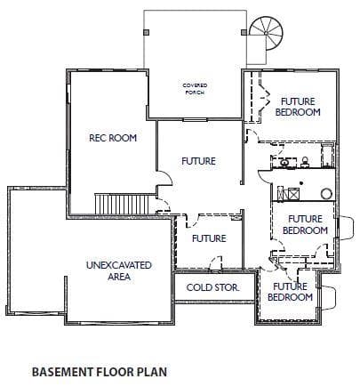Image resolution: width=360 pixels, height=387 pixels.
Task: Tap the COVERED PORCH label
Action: pyautogui.click(x=195, y=89)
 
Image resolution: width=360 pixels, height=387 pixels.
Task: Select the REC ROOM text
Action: pyautogui.click(x=113, y=138)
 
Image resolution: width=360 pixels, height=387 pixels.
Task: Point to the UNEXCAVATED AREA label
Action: pyautogui.click(x=119, y=270)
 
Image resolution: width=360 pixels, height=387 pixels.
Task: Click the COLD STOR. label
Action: pyautogui.click(x=212, y=287)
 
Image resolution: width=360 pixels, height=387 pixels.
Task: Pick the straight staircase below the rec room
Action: pyautogui.click(x=122, y=204)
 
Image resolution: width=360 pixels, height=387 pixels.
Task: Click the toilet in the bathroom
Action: pyautogui.click(x=305, y=162)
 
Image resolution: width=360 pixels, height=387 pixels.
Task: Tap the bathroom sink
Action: pyautogui.click(x=284, y=163)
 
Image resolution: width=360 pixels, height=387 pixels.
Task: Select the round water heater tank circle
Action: pyautogui.click(x=326, y=194)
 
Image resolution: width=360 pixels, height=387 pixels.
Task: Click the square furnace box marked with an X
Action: pyautogui.click(x=293, y=194)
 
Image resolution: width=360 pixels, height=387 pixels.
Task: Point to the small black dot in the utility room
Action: pyautogui.click(x=301, y=183)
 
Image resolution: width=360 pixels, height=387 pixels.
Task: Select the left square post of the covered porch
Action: pyautogui.click(x=147, y=32)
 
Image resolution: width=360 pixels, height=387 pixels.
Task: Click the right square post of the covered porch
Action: pyautogui.click(x=244, y=32)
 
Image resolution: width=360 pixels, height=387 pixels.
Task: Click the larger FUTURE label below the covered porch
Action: pyautogui.click(x=198, y=161)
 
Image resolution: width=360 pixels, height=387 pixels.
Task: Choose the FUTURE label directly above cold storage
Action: pyautogui.click(x=209, y=238)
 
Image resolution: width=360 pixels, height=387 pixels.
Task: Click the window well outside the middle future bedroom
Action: pyautogui.click(x=347, y=228)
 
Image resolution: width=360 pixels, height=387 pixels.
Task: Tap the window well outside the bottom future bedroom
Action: pyautogui.click(x=328, y=297)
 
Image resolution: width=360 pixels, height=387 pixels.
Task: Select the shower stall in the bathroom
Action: pyautogui.click(x=328, y=156)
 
